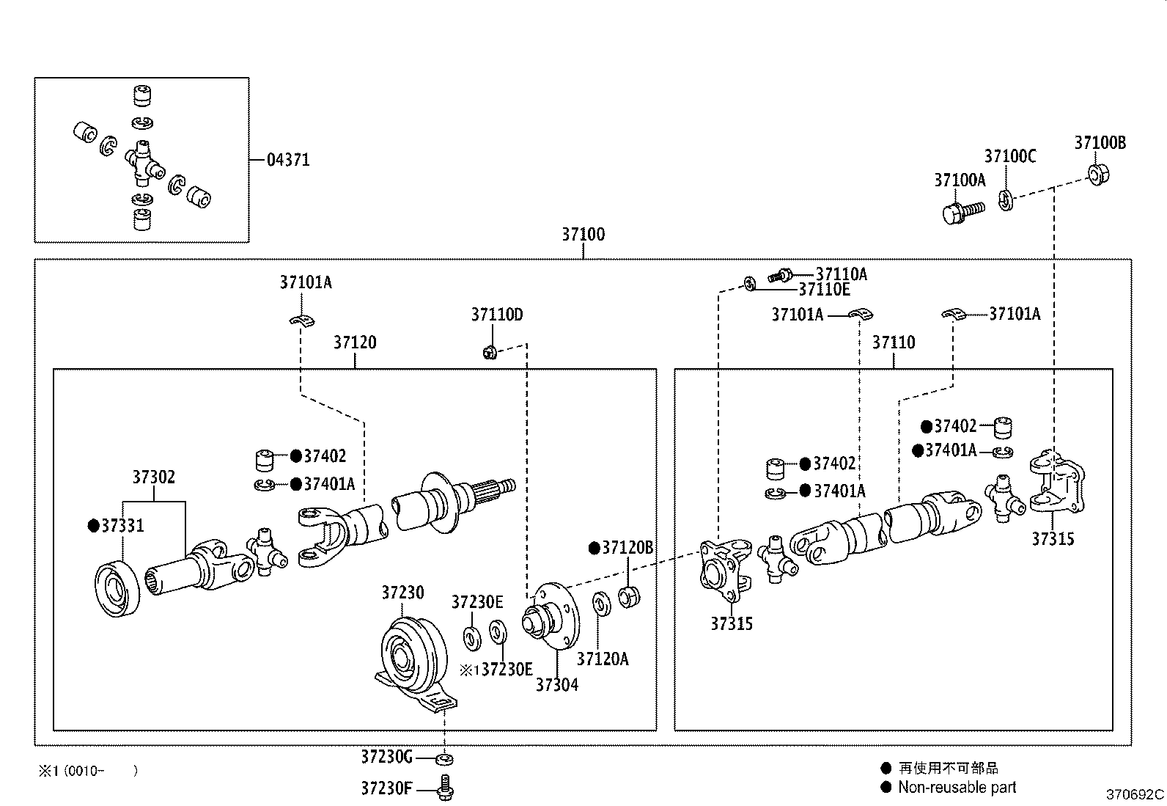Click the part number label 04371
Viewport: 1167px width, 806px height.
coord(287,160)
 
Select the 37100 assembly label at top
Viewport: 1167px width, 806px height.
coord(583,235)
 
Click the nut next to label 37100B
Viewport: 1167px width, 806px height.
coord(1097,175)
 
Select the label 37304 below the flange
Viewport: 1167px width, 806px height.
coord(556,685)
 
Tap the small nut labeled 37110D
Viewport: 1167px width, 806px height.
coord(491,352)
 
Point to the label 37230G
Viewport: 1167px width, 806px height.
coord(386,756)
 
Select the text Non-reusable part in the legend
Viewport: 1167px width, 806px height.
coord(957,788)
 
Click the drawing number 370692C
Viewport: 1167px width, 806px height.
coord(1135,794)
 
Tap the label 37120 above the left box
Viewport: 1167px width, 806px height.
coord(355,342)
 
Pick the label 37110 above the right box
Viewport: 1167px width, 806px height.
coord(893,342)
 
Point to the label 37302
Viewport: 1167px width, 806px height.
coord(153,477)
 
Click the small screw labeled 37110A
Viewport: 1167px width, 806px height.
coord(780,276)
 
